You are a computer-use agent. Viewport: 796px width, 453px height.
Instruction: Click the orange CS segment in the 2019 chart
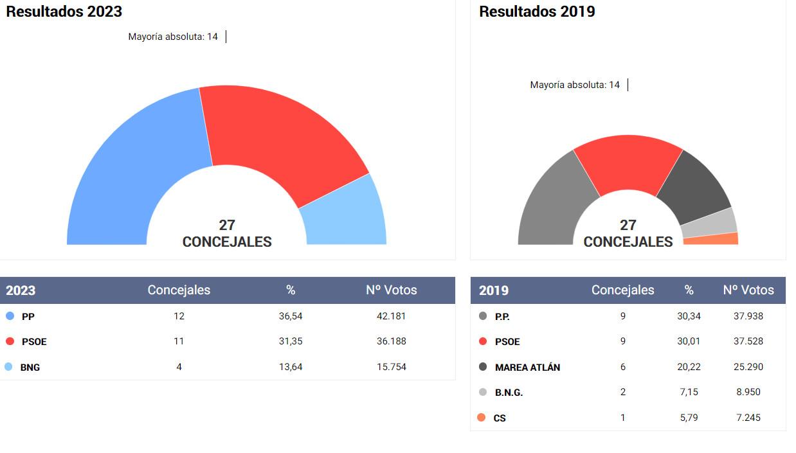(x=711, y=239)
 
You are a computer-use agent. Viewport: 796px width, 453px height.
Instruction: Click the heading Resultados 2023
(x=64, y=12)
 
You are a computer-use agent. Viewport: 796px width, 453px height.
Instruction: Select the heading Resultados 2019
(x=537, y=12)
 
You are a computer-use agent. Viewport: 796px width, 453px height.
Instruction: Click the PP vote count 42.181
(x=391, y=316)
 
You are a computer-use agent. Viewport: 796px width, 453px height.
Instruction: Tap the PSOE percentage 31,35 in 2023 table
(x=291, y=341)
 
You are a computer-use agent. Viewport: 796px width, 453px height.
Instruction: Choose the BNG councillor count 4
(x=179, y=367)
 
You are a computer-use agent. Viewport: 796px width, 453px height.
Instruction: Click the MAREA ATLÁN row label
(x=527, y=368)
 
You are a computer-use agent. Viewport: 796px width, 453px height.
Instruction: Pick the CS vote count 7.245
(x=748, y=418)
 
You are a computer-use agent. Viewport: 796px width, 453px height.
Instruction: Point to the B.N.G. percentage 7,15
(x=688, y=392)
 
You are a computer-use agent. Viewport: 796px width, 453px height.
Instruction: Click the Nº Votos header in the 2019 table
(x=748, y=290)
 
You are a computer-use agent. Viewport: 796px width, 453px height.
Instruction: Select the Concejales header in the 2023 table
(x=179, y=290)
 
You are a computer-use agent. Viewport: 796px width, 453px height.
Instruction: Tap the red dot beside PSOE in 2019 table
(x=483, y=341)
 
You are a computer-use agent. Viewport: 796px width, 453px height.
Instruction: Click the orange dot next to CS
(x=481, y=418)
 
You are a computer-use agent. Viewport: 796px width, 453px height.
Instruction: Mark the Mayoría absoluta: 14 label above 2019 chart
(x=575, y=85)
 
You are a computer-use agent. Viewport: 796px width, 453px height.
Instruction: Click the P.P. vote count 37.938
(x=748, y=316)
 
